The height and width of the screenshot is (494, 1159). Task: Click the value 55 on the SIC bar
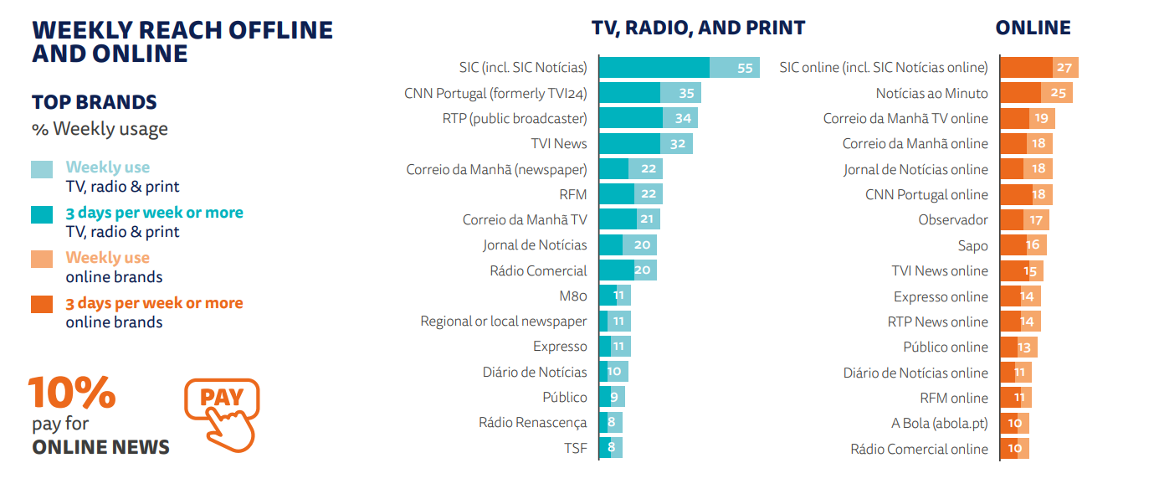[x=745, y=68]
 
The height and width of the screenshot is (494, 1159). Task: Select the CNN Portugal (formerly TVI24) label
[x=495, y=93]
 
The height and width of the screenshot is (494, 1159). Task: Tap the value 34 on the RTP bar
[x=683, y=118]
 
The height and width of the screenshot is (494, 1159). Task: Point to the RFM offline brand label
[x=573, y=194]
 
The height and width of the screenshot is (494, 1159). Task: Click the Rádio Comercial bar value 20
[x=643, y=270]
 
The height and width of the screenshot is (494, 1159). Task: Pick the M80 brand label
[x=573, y=296]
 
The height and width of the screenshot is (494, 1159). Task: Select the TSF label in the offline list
[x=575, y=448]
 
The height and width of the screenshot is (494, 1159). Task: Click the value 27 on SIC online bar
[x=1064, y=68]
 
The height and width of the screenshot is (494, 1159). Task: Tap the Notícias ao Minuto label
[x=931, y=93]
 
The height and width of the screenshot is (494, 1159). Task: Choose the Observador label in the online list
[x=953, y=220]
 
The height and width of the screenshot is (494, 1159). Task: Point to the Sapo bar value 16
[x=1033, y=245]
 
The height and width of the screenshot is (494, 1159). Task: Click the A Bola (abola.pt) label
[x=939, y=423]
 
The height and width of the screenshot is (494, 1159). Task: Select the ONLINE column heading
[x=1033, y=28]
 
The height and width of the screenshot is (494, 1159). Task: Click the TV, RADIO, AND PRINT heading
[x=698, y=28]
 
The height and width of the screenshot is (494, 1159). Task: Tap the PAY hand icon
[x=223, y=414]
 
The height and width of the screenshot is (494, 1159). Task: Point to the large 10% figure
[x=71, y=393]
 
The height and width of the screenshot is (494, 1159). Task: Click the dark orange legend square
[x=42, y=304]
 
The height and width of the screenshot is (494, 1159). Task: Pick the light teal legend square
[x=42, y=168]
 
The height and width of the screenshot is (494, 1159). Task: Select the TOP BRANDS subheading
[x=95, y=102]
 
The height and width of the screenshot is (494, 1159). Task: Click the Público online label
[x=945, y=347]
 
